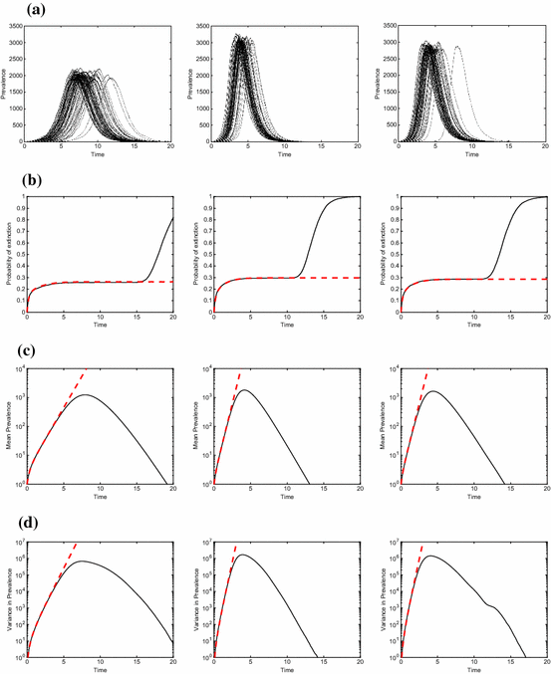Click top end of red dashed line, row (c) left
(87, 369)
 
